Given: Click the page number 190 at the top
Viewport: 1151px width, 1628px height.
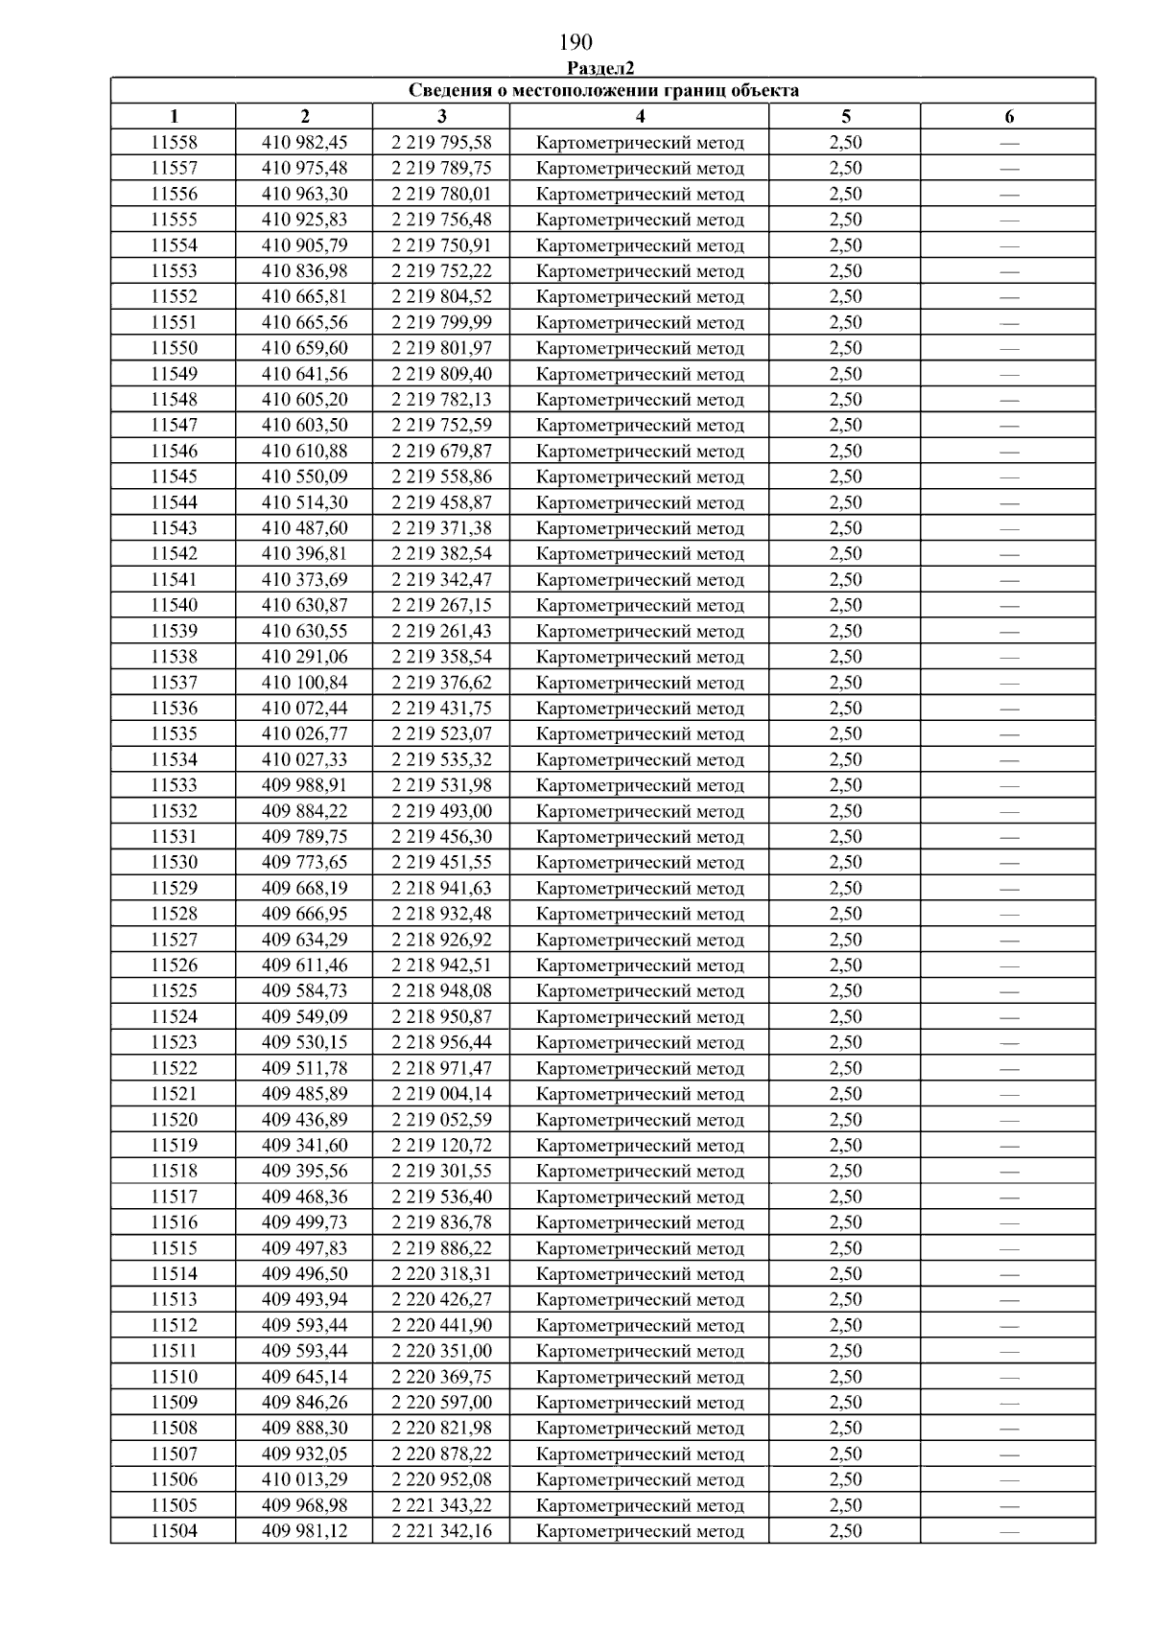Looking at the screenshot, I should point(575,42).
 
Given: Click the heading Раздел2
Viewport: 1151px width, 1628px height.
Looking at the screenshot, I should point(600,68).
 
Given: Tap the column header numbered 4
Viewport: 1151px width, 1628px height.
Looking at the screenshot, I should point(640,117).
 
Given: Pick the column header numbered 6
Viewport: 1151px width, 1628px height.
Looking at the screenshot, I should point(1009,117).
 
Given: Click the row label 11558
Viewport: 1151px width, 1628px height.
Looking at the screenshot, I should point(174,143).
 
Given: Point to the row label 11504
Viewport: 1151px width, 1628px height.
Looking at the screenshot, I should point(174,1531).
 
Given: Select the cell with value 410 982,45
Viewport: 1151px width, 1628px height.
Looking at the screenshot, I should point(305,143).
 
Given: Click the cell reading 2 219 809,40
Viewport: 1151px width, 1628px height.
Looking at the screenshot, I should point(441,374).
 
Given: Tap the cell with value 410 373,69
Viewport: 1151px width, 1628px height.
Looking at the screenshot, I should point(305,580).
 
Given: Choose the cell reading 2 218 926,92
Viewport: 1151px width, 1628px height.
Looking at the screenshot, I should point(441,940).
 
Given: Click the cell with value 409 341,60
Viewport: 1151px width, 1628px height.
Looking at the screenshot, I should point(305,1146).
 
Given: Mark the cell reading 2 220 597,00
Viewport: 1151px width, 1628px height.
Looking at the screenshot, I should point(441,1403).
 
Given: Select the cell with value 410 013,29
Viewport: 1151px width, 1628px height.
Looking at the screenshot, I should point(305,1479).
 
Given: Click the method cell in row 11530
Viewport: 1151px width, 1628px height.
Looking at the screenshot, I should point(640,863).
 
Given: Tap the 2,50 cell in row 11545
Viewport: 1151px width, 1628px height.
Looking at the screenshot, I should point(845,477).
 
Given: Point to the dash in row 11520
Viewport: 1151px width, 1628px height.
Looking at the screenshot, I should point(1009,1120).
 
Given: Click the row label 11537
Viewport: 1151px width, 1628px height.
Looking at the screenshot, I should point(174,683).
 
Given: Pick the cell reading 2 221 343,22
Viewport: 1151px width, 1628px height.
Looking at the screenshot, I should point(441,1505).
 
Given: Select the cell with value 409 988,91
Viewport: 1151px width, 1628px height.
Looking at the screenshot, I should point(305,785).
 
